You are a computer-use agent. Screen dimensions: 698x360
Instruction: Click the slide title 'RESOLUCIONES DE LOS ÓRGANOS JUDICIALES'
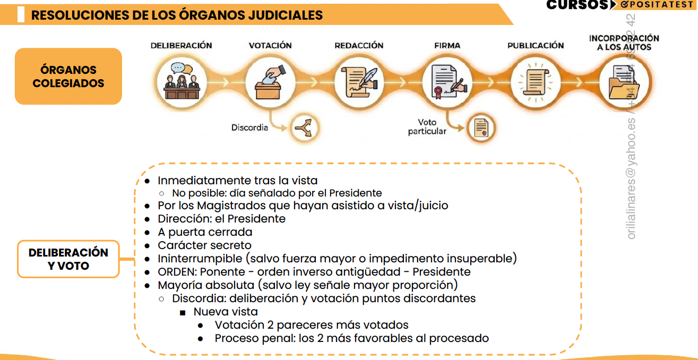pos(177,15)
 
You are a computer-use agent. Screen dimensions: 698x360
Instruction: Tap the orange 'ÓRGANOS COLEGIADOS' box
pos(68,76)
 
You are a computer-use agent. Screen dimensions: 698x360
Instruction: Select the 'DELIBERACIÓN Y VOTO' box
pos(68,259)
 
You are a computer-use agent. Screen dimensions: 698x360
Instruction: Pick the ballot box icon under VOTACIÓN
pos(270,82)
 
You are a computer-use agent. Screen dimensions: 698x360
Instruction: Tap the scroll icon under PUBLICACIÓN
pos(535,82)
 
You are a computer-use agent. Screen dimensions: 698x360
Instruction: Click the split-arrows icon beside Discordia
pos(306,128)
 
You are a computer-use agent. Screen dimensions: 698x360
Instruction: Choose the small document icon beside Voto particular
pos(481,127)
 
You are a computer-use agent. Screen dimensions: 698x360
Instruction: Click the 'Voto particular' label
pos(427,127)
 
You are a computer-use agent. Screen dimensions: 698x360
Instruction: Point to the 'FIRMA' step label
pos(447,46)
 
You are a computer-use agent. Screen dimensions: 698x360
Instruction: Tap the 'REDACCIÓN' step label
pos(359,46)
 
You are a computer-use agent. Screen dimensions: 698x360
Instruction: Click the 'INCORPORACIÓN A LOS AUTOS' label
pos(624,42)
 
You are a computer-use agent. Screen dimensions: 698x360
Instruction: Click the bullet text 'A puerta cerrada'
pos(205,232)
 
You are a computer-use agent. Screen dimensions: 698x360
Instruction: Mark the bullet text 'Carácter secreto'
pos(204,245)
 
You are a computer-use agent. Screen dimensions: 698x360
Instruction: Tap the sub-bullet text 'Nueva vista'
pos(226,312)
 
